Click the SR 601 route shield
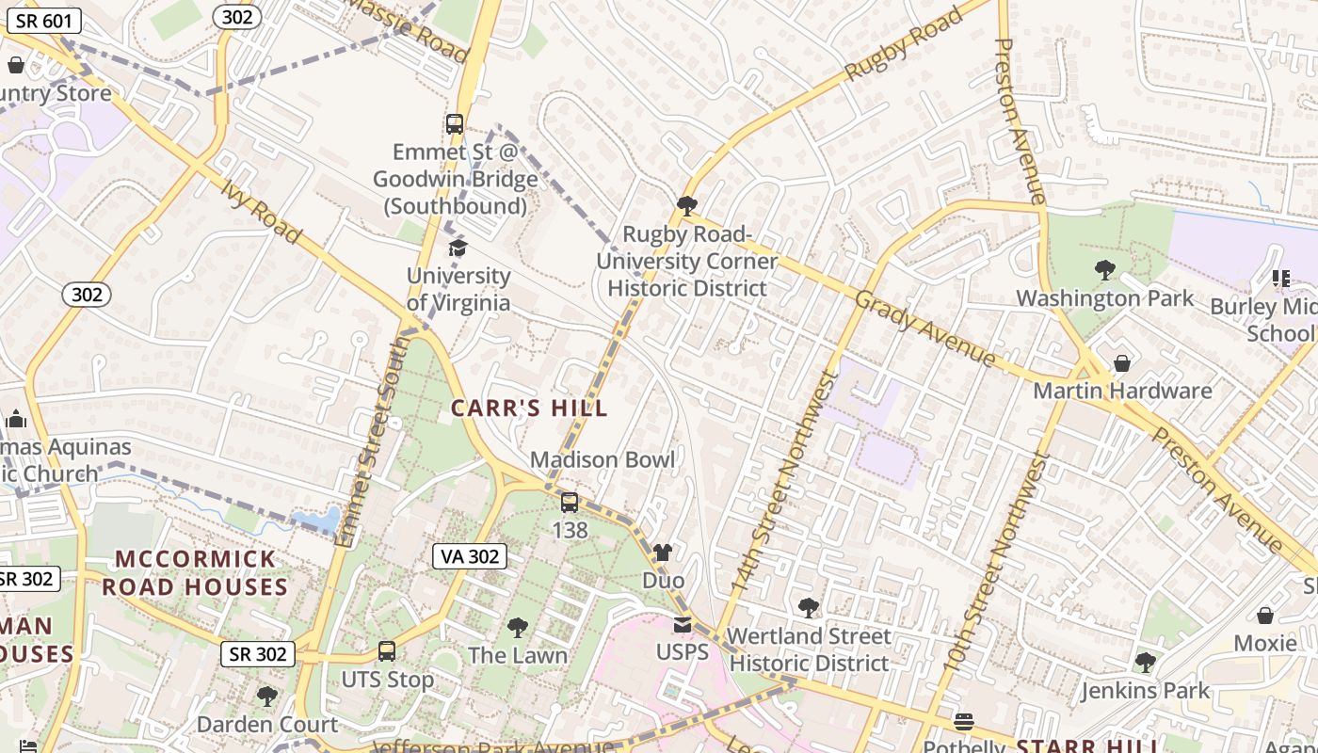44,21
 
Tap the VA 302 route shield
471,556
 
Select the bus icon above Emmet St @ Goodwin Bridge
455,123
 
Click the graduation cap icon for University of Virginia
458,248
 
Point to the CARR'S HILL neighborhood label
529,409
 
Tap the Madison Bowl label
603,459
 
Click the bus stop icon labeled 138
570,503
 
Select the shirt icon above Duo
663,553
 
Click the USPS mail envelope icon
682,624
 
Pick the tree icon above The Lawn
517,628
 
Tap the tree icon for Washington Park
1104,271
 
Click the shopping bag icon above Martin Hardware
1122,363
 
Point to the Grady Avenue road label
924,328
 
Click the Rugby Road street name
903,44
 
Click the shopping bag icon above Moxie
1265,616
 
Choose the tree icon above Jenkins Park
1145,663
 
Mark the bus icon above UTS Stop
387,651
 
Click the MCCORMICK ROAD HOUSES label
195,572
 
